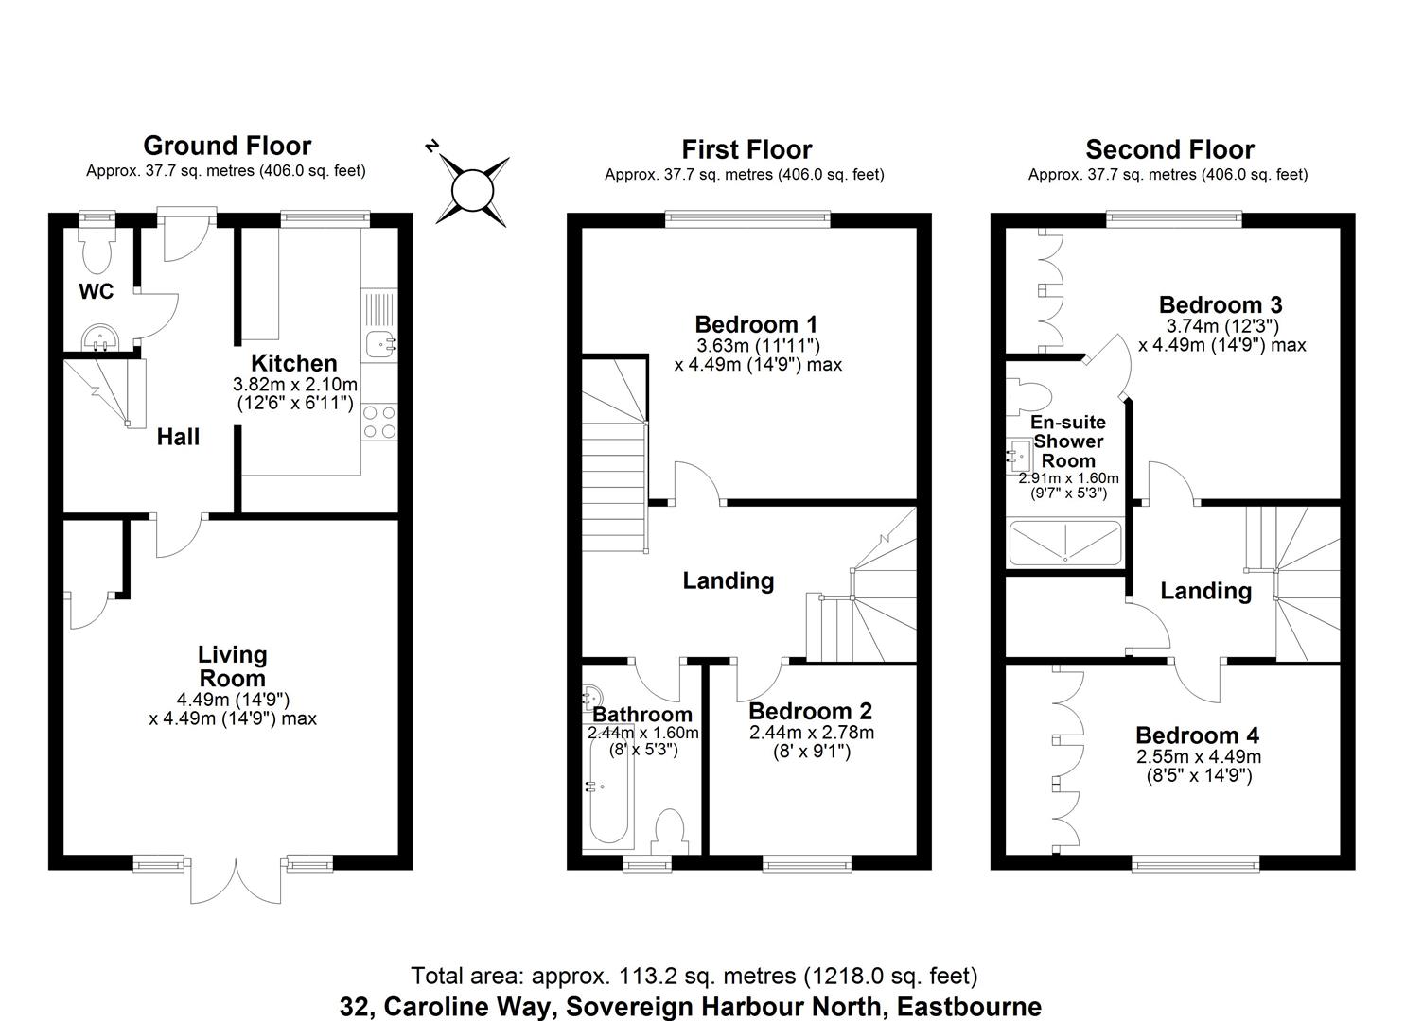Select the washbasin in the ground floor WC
click(97, 337)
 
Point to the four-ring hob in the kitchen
click(379, 422)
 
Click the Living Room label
click(232, 666)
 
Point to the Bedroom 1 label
click(756, 324)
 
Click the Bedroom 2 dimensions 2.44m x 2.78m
click(811, 733)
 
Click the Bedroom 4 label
click(1197, 735)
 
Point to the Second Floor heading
click(1169, 149)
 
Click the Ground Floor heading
click(227, 146)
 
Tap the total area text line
click(694, 976)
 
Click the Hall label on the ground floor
click(178, 437)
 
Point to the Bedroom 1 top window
click(747, 219)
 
